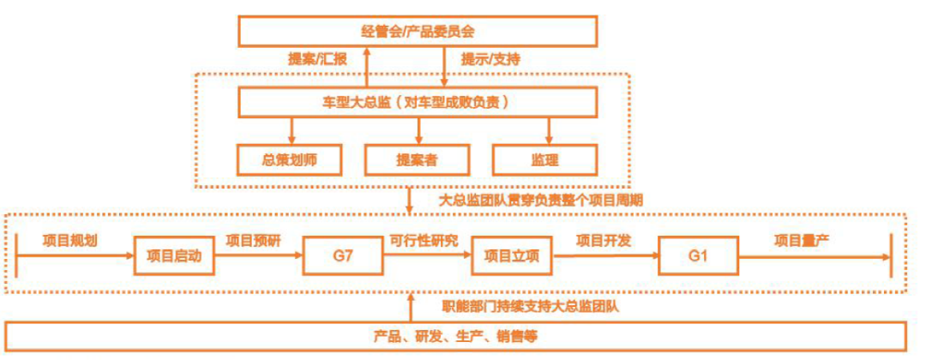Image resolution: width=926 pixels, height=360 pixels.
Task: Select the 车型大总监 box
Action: (x=417, y=103)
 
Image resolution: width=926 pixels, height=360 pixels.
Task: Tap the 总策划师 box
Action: (x=292, y=159)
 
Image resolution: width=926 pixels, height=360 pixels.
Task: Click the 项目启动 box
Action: (x=173, y=255)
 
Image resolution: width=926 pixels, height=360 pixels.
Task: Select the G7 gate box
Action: (x=342, y=255)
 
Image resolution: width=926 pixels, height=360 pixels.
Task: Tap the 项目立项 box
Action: (x=511, y=255)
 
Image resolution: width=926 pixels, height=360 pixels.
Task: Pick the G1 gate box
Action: (x=697, y=255)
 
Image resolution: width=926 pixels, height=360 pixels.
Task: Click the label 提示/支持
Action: (x=490, y=60)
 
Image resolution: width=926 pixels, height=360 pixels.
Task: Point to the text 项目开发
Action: (x=604, y=241)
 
